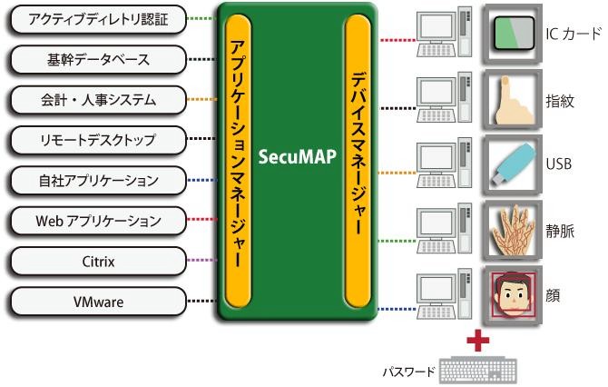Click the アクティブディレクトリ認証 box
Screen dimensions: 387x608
click(x=96, y=18)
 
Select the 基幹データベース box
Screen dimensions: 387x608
click(x=96, y=59)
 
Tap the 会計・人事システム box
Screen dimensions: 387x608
click(x=96, y=99)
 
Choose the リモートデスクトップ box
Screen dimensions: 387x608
click(x=96, y=140)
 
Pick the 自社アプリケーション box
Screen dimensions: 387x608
click(x=96, y=180)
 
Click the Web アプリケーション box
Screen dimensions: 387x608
click(x=96, y=220)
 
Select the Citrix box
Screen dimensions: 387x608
click(x=96, y=261)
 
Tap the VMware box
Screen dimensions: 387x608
click(x=96, y=301)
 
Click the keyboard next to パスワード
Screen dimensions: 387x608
click(x=477, y=371)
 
